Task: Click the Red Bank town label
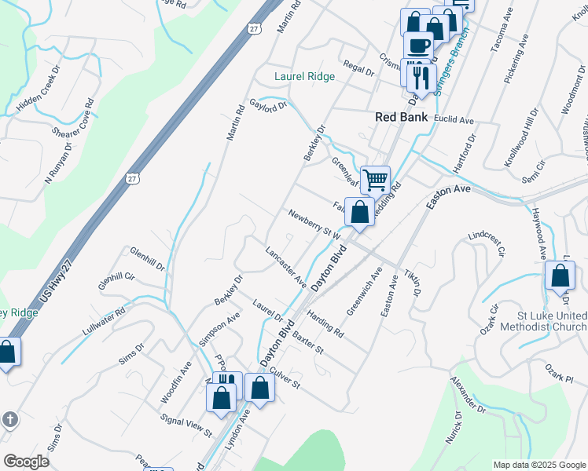(x=401, y=117)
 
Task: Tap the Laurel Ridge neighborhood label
(x=304, y=77)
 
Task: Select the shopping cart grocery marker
(x=376, y=180)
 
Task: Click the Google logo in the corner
(x=26, y=462)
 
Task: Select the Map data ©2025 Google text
(x=538, y=465)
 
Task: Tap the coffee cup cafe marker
(x=418, y=46)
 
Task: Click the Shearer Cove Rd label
(x=73, y=118)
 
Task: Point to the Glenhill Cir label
(x=116, y=283)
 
